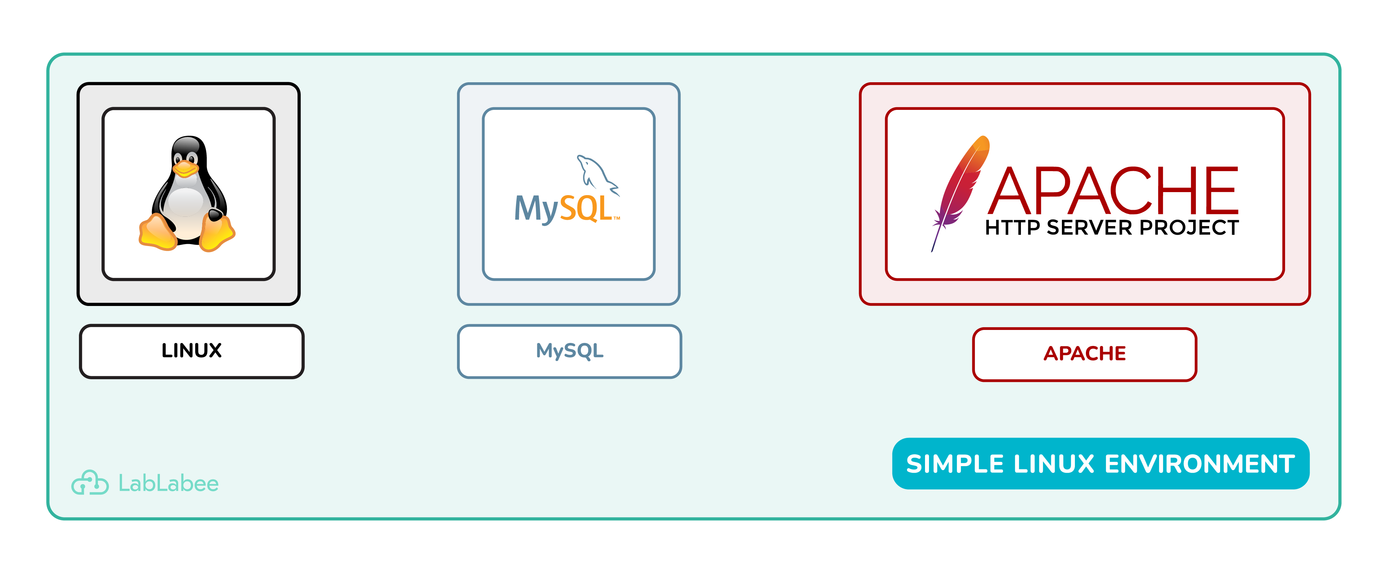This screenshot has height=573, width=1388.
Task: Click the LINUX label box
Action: [191, 351]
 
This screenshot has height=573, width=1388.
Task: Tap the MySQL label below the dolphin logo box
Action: [570, 351]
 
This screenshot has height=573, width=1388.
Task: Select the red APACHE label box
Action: [1084, 354]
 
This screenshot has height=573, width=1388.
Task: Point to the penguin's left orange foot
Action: [157, 233]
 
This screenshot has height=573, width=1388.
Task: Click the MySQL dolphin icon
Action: [595, 173]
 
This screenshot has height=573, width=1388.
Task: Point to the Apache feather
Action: [959, 188]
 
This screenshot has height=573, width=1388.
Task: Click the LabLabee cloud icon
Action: [90, 483]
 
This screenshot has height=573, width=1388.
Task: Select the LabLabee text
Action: [168, 483]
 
